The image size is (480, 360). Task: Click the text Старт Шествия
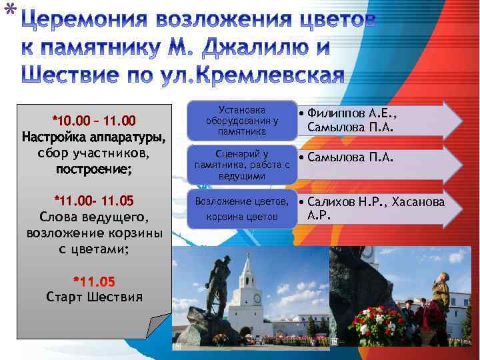click(94, 297)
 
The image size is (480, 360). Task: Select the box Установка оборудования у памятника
click(242, 121)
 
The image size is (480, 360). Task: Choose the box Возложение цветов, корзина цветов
click(242, 209)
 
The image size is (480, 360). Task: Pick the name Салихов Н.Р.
click(347, 201)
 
